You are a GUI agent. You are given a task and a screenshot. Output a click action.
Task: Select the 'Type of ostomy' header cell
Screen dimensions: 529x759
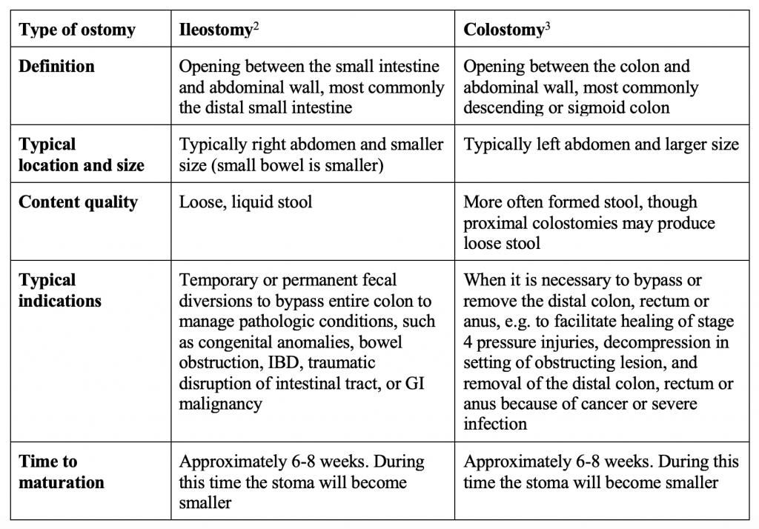click(x=77, y=30)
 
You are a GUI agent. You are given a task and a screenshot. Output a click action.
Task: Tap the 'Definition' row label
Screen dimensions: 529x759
click(x=56, y=67)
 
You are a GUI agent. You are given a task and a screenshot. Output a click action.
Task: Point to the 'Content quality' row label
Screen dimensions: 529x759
click(x=78, y=202)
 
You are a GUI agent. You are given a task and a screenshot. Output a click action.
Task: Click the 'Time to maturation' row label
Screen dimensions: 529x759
click(x=61, y=472)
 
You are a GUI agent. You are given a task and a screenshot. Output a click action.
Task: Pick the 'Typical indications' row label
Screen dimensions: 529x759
click(x=60, y=290)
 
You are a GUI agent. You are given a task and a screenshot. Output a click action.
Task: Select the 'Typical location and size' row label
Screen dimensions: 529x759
click(x=82, y=154)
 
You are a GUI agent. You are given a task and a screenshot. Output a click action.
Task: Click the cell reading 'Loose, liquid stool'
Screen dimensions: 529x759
click(x=246, y=202)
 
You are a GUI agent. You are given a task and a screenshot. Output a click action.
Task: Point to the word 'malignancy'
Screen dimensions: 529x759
click(x=220, y=405)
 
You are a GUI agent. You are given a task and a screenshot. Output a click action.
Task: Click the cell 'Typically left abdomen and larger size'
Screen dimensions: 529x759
click(x=600, y=144)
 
